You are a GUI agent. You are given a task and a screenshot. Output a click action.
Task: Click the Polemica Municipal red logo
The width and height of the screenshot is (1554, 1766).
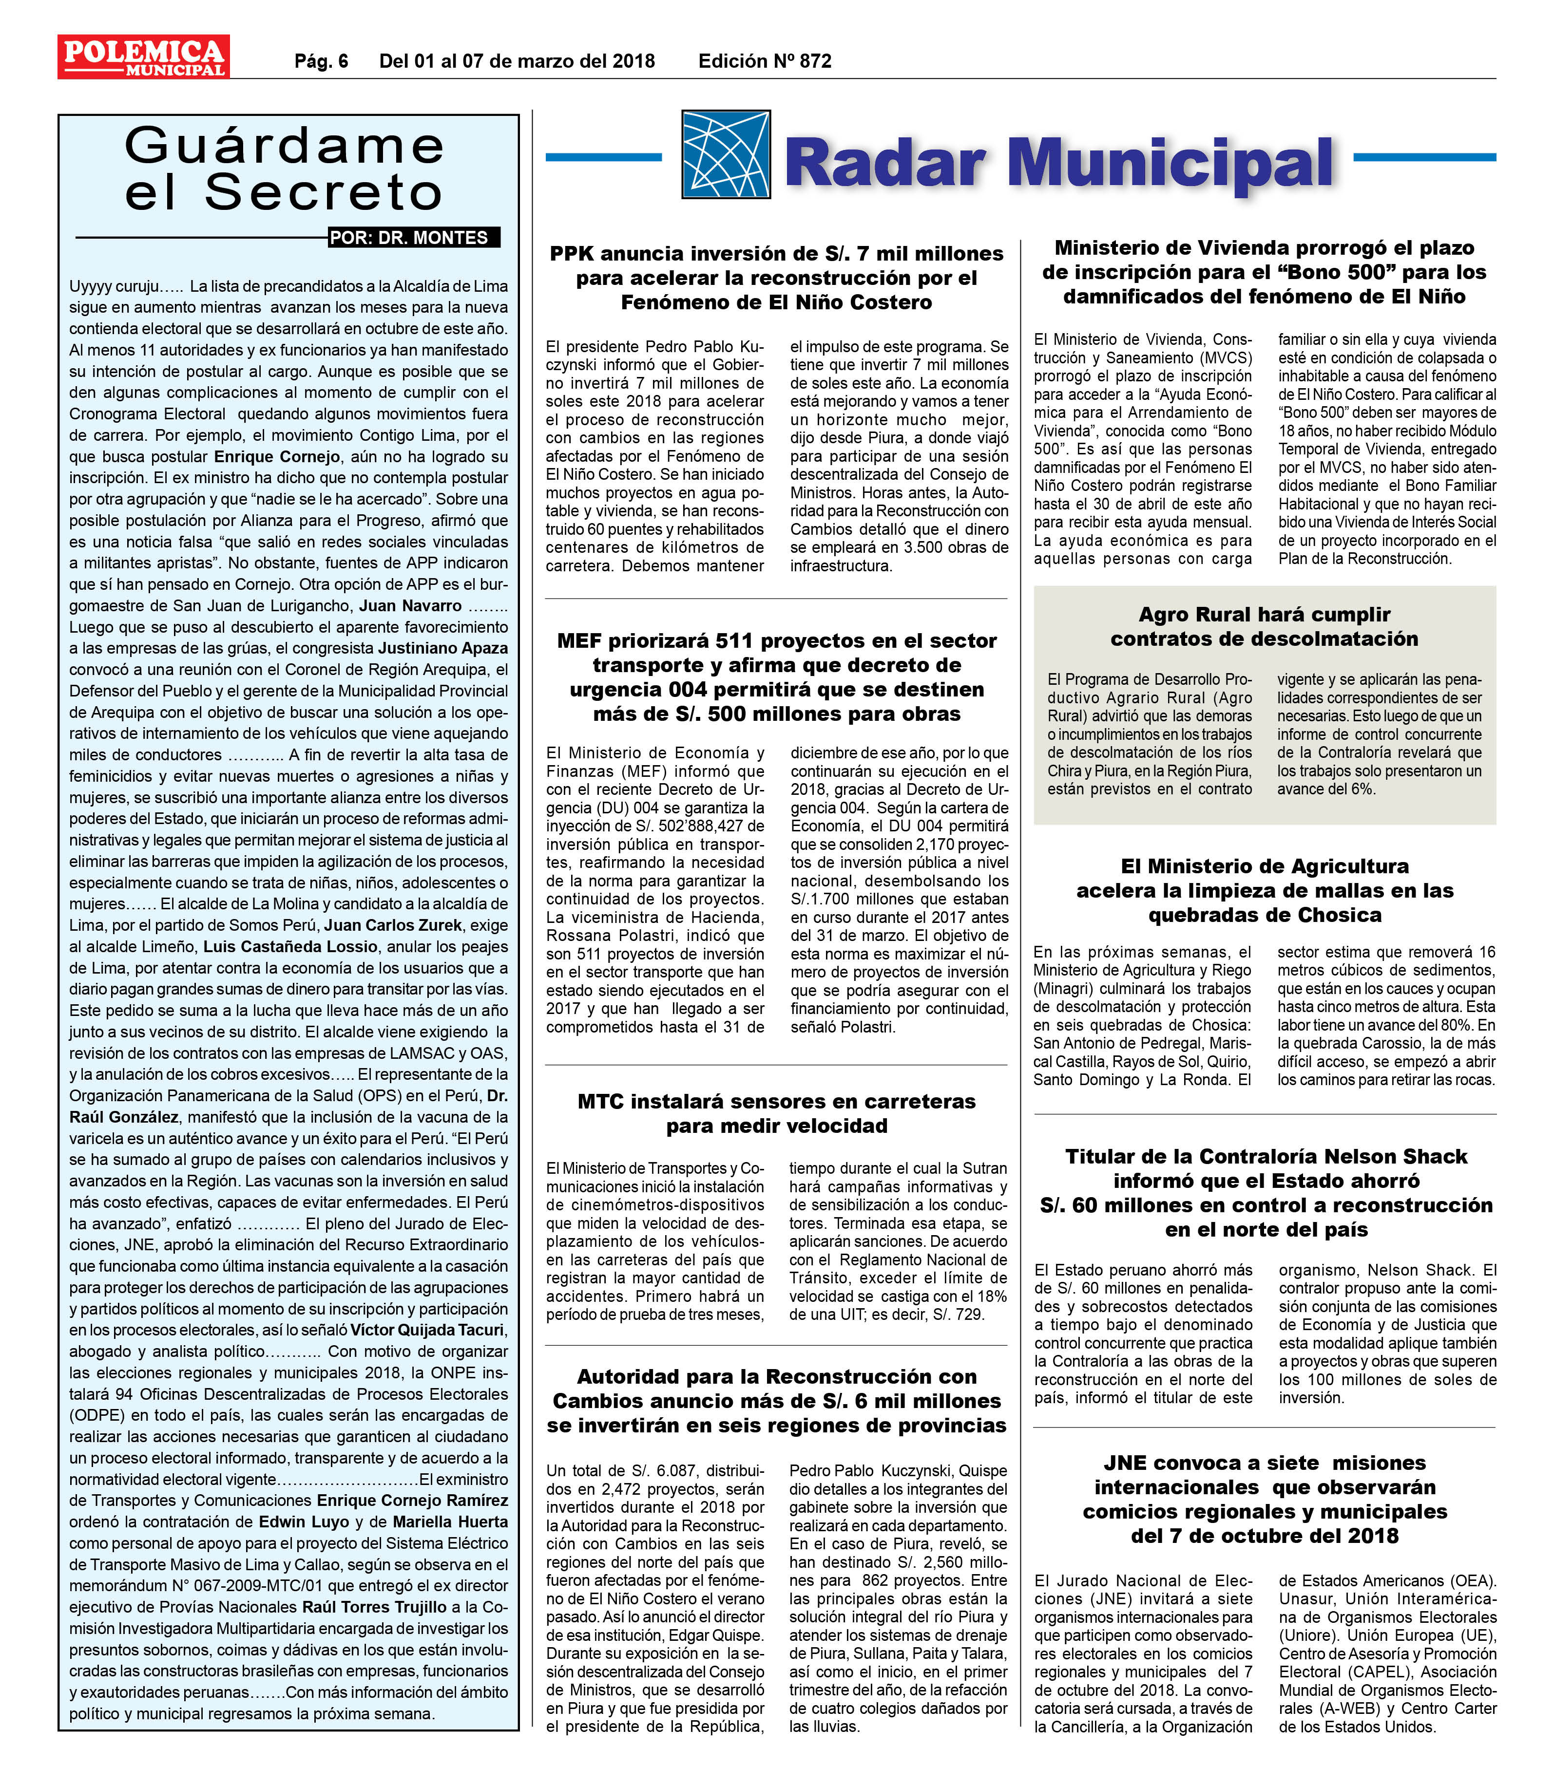143,57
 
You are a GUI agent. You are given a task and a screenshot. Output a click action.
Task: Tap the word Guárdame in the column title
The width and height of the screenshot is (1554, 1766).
285,145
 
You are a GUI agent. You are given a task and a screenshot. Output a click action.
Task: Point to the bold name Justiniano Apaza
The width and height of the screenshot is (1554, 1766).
442,648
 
